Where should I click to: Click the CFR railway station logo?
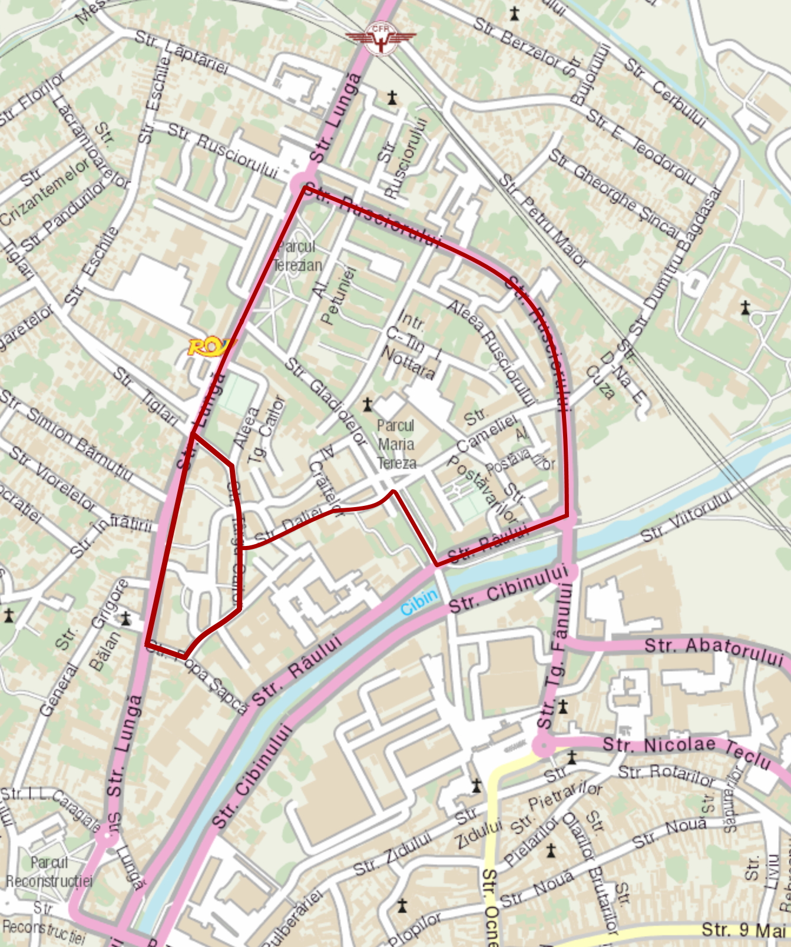[x=380, y=38]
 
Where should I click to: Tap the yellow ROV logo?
[x=208, y=347]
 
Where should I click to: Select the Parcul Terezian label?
[x=298, y=256]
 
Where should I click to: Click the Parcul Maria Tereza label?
[x=396, y=444]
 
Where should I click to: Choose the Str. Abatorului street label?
[x=713, y=650]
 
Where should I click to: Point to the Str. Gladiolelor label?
[x=326, y=400]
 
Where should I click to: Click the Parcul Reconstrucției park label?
[x=49, y=872]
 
